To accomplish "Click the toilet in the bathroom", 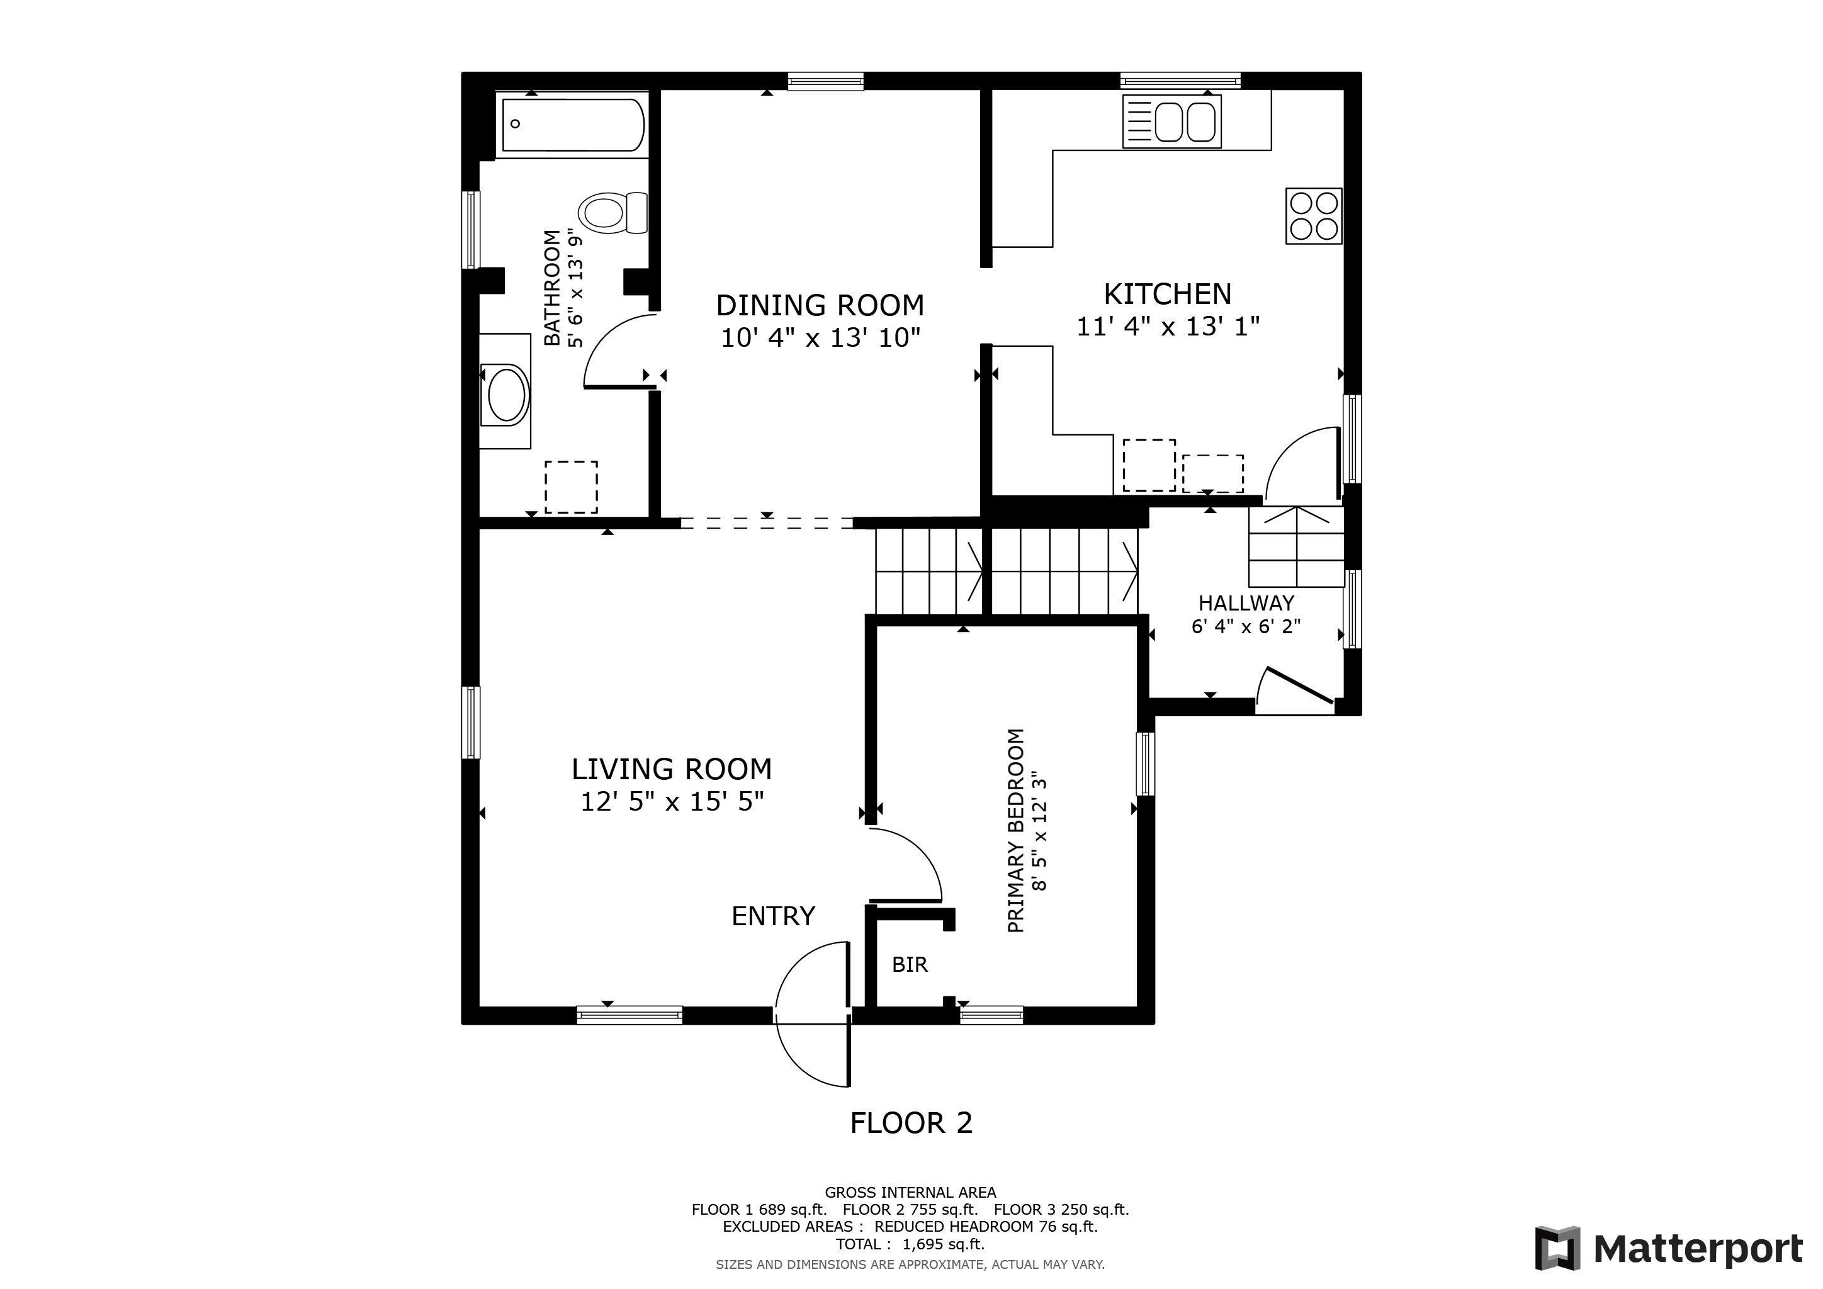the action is coord(613,213).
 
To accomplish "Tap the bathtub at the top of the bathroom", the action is coord(572,125).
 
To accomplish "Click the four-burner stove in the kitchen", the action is coord(1314,216).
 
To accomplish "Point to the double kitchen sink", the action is coord(1172,121).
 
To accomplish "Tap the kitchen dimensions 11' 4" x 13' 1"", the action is coord(1168,326).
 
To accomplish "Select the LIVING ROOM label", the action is coord(672,769).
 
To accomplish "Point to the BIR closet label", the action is coord(910,964).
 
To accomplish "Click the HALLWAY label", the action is coord(1246,603).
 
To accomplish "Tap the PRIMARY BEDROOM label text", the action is coord(1016,830).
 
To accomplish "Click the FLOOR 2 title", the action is coord(911,1123).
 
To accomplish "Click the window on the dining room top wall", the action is coord(826,81).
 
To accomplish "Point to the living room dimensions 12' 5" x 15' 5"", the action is coord(672,802).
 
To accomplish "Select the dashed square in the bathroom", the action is coord(571,487).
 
